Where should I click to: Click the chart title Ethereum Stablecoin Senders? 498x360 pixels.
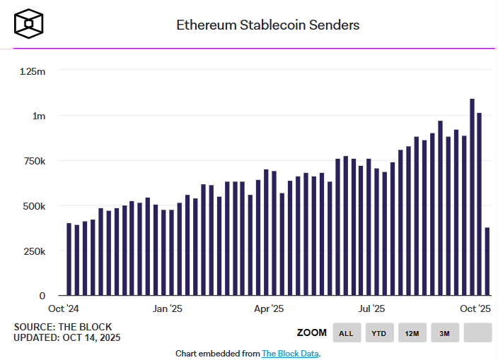tap(267, 25)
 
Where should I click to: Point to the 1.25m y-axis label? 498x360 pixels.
tap(33, 71)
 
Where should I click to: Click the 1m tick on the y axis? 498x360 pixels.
tap(38, 116)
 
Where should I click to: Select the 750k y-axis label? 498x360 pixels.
tap(33, 161)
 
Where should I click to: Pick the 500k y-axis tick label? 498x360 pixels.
tap(33, 206)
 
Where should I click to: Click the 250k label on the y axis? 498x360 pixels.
tap(33, 251)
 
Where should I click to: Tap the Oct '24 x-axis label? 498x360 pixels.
tap(63, 308)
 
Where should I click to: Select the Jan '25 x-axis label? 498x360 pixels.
tap(169, 308)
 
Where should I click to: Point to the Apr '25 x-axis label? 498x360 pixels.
tap(269, 308)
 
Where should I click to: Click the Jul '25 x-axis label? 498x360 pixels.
tap(371, 308)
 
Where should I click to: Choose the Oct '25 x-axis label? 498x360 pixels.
tap(475, 308)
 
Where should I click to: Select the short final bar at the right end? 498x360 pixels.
tap(487, 261)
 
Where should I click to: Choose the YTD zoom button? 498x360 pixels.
tap(379, 332)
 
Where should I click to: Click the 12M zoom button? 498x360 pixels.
tap(412, 332)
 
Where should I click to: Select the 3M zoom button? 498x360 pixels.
tap(444, 332)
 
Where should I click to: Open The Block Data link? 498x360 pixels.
tap(290, 353)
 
